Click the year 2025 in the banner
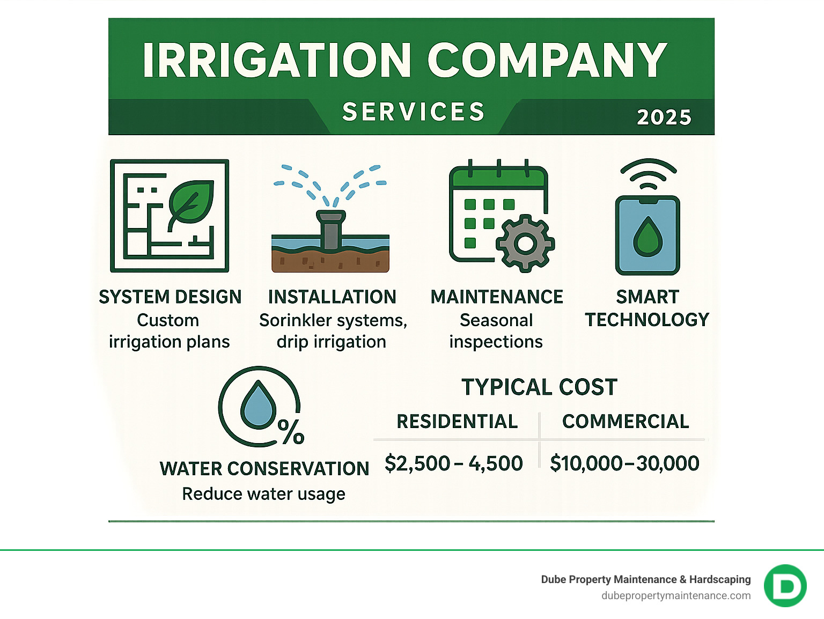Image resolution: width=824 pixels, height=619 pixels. pyautogui.click(x=664, y=117)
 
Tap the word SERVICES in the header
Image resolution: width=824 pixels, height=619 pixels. pyautogui.click(x=413, y=112)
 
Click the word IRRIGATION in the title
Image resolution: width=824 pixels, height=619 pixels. pyautogui.click(x=277, y=60)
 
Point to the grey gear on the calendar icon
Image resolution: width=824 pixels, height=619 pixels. pyautogui.click(x=525, y=243)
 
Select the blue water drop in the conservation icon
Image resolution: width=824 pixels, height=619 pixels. pyautogui.click(x=258, y=405)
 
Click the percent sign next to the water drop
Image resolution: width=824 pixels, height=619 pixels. pyautogui.click(x=291, y=431)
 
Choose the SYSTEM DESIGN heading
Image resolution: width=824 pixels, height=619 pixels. pyautogui.click(x=170, y=297)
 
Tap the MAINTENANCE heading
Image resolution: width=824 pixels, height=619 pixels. pyautogui.click(x=497, y=297)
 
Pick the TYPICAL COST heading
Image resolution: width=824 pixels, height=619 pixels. pyautogui.click(x=539, y=387)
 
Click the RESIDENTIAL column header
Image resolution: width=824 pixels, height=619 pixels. pyautogui.click(x=457, y=422)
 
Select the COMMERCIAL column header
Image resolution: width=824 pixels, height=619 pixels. pyautogui.click(x=626, y=422)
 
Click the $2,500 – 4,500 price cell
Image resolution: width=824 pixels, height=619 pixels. pyautogui.click(x=454, y=463)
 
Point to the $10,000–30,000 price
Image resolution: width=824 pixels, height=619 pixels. pyautogui.click(x=624, y=463)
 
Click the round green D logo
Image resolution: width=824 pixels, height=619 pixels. pyautogui.click(x=785, y=586)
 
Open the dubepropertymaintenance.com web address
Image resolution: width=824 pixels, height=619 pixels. pyautogui.click(x=676, y=595)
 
